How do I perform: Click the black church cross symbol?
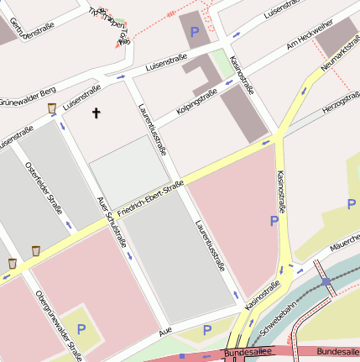tap(96, 112)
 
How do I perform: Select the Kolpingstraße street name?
tap(197, 100)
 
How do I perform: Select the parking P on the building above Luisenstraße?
tap(196, 33)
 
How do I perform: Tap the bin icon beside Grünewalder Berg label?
tap(52, 108)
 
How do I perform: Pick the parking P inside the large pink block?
tap(273, 221)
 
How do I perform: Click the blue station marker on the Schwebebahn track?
tap(326, 282)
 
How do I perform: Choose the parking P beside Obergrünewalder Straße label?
tap(81, 329)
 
